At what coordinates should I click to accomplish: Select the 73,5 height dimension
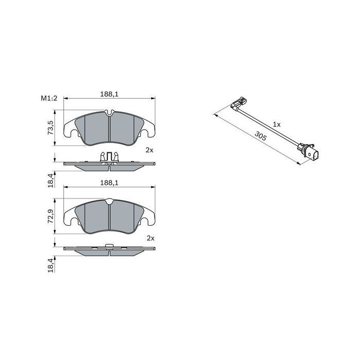point(50,128)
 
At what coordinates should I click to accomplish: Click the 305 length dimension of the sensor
point(260,136)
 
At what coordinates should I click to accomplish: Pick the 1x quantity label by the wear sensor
point(277,124)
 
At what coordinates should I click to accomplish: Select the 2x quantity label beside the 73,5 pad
point(150,150)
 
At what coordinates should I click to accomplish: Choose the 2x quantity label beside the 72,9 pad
point(150,238)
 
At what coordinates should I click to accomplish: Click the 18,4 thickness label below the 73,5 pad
point(50,182)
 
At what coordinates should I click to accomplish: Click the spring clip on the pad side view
point(109,156)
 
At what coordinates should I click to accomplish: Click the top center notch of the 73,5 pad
point(109,113)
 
